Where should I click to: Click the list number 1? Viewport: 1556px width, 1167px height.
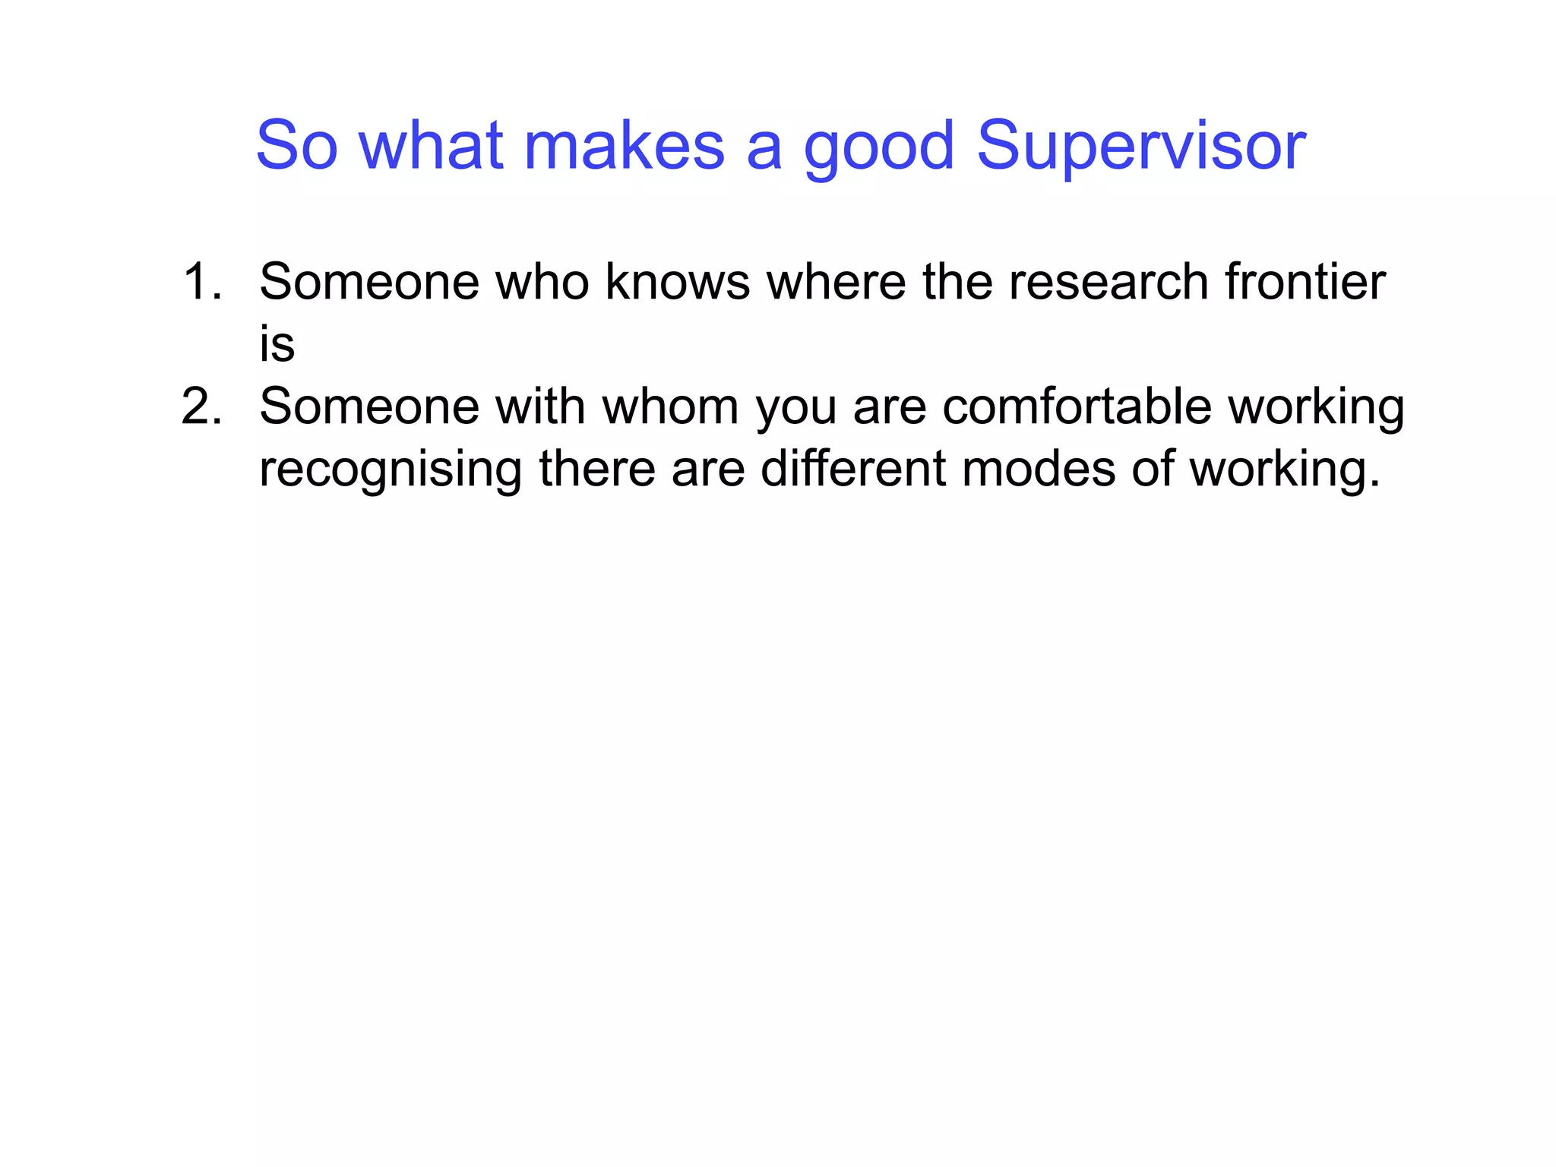(202, 282)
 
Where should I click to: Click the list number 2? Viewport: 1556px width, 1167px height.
(202, 406)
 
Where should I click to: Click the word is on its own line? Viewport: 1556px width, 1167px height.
(277, 344)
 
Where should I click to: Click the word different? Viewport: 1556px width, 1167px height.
(853, 469)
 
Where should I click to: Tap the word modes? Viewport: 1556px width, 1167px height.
(1039, 469)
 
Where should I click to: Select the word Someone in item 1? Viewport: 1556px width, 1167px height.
(369, 282)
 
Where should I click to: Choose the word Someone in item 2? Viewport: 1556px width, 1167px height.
(369, 406)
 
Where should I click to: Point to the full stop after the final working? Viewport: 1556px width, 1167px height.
(1374, 484)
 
